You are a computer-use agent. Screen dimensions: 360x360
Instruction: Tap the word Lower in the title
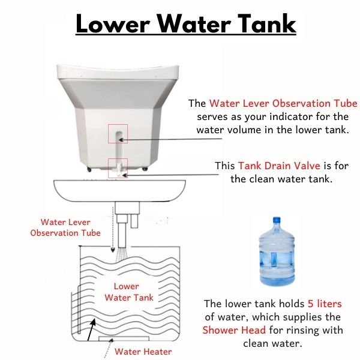pos(113,24)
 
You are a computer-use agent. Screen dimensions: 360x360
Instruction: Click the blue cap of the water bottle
pos(277,220)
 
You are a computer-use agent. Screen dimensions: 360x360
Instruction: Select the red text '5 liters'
pos(325,304)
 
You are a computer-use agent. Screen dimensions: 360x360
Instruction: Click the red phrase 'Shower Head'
pos(234,330)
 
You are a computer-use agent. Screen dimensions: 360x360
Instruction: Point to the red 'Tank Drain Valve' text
pos(279,166)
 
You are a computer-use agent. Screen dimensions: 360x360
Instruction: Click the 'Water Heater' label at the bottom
pos(143,352)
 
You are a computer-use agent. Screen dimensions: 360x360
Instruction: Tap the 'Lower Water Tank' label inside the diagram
pos(129,292)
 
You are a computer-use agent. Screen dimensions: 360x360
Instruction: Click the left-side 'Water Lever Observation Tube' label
pos(65,227)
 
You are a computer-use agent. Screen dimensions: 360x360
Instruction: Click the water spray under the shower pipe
pos(122,254)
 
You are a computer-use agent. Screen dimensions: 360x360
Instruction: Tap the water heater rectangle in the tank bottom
pos(124,338)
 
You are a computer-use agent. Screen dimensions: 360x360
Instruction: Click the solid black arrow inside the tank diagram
pos(91,329)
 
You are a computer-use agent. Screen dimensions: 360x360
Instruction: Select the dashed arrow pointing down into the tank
pos(113,230)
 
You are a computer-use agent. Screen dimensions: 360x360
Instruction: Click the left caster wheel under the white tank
pos(89,169)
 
